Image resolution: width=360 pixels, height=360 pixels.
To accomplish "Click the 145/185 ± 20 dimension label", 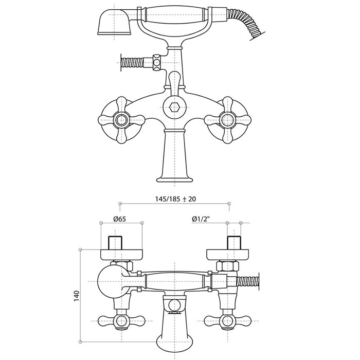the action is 176,199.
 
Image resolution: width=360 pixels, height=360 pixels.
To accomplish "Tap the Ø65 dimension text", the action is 120,219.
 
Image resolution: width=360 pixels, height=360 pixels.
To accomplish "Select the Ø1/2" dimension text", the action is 201,219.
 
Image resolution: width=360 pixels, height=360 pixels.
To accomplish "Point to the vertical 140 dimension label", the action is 77,296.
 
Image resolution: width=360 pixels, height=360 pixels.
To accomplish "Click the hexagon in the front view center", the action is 174,107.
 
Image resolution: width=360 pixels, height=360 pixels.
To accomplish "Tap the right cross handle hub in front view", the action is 227,120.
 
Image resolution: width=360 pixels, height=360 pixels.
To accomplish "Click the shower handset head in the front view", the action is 114,22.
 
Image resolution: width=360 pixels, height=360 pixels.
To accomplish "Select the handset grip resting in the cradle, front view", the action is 175,15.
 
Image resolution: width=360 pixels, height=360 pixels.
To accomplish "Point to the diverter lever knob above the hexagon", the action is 175,80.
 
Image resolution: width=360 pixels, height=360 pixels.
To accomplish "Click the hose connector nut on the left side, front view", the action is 157,62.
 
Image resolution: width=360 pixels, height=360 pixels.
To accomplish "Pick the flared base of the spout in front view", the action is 174,178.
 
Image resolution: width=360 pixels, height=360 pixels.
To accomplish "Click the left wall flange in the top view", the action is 121,255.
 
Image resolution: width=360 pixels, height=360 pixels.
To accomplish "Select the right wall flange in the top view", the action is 228,255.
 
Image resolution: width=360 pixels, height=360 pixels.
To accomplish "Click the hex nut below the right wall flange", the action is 228,266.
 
